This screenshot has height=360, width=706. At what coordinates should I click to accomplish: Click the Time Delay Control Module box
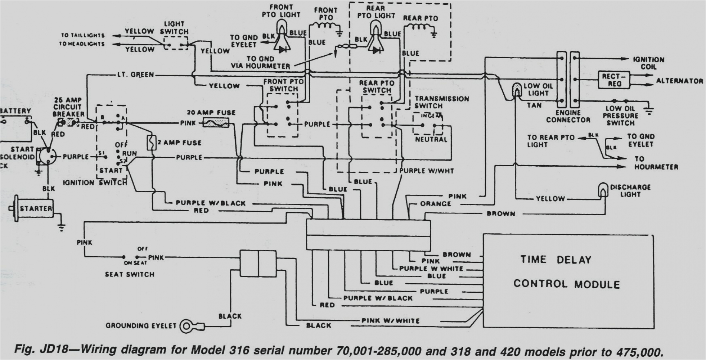(x=568, y=281)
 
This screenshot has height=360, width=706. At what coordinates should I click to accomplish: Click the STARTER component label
(x=36, y=209)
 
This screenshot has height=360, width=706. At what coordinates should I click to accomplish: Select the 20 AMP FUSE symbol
(x=216, y=122)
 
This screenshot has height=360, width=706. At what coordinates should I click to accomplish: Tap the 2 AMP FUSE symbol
(x=151, y=143)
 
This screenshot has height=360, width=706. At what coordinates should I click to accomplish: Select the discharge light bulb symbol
(x=603, y=190)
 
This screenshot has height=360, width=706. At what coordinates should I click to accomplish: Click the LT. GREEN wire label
(x=135, y=75)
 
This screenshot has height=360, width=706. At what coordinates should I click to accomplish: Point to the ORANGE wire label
(x=435, y=204)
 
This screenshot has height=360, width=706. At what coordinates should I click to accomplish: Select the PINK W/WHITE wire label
(x=390, y=320)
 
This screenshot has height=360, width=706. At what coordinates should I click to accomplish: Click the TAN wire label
(x=534, y=105)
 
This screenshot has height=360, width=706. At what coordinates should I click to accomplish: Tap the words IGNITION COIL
(x=648, y=63)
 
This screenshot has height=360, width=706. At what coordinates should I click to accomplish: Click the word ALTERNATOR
(x=679, y=81)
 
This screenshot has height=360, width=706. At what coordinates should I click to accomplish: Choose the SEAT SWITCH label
(x=130, y=274)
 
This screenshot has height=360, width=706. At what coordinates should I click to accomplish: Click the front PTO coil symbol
(x=326, y=27)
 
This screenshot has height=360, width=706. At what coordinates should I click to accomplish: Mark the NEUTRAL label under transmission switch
(x=431, y=140)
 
